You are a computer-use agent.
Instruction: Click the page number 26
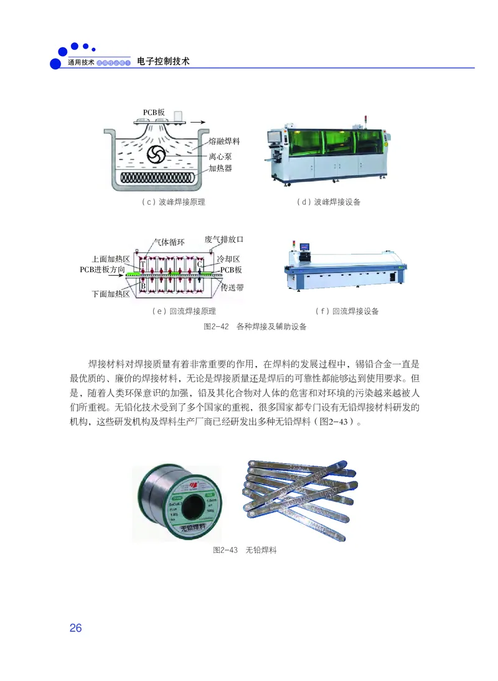click(75, 627)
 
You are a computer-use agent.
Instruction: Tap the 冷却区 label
click(228, 258)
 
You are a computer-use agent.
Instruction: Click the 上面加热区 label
click(110, 259)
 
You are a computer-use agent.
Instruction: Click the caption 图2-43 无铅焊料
click(245, 550)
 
